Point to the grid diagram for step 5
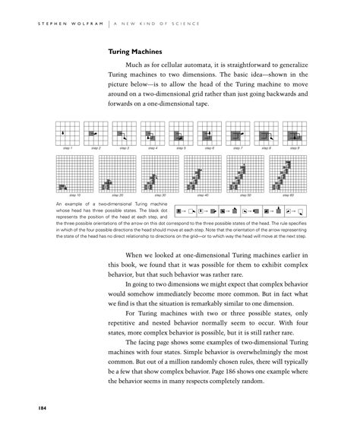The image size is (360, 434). point(181,132)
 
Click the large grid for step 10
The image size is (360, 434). point(74,173)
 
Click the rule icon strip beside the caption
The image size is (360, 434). point(239,209)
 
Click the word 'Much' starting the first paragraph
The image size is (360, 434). point(137,68)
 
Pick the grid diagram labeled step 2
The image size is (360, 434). point(96,132)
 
